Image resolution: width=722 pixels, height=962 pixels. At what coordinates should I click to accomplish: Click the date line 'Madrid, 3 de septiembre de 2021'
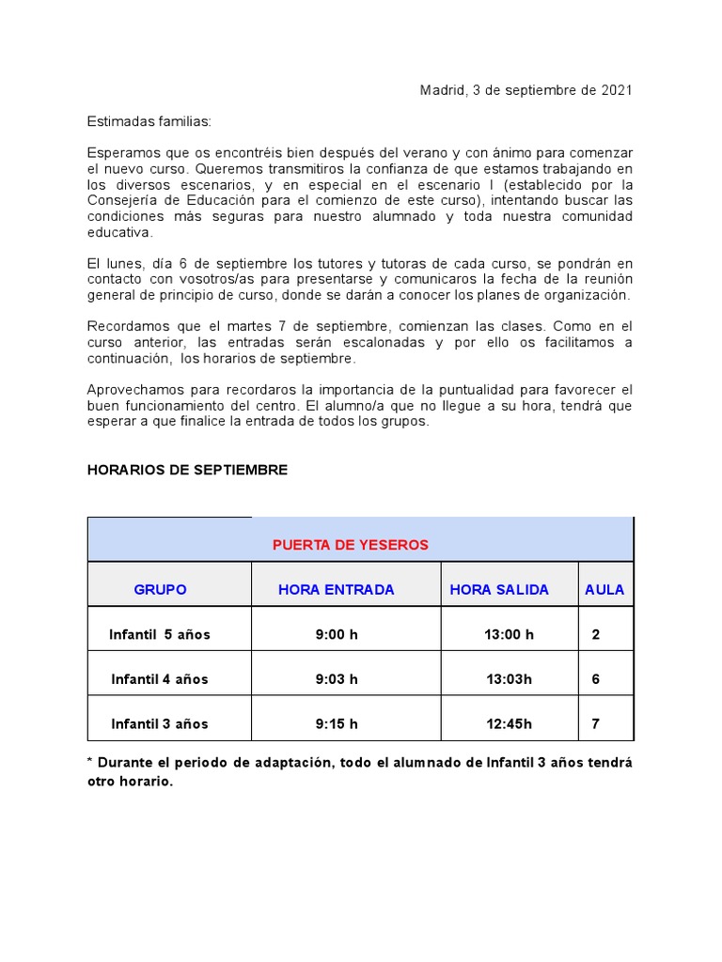[x=526, y=90]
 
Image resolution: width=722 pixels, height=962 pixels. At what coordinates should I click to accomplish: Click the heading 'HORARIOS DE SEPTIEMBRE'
[x=187, y=470]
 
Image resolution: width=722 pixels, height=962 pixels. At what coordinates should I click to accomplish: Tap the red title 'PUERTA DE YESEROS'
[x=350, y=545]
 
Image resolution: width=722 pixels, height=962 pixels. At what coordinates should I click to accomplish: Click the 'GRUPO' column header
[x=160, y=590]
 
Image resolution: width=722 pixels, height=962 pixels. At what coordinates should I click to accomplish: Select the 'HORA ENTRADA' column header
[x=336, y=590]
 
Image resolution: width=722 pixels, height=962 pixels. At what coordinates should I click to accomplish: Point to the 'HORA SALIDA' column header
[x=499, y=590]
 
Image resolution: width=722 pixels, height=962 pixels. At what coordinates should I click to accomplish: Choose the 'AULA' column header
[x=604, y=590]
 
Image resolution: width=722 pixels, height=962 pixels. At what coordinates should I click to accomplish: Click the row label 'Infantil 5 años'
[x=160, y=635]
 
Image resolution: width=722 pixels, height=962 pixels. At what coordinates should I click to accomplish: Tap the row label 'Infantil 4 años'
[x=160, y=679]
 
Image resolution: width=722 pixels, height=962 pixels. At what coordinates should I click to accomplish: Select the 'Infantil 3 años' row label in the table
[x=160, y=724]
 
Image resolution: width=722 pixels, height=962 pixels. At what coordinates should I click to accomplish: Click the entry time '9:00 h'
[x=337, y=635]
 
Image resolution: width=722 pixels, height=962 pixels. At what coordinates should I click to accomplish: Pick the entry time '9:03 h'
[x=337, y=679]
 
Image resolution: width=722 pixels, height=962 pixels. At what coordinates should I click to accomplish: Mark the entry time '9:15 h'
[x=337, y=724]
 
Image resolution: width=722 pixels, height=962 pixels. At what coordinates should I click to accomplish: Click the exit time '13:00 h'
[x=509, y=635]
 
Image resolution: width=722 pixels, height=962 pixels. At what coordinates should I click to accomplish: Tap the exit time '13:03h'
[x=509, y=679]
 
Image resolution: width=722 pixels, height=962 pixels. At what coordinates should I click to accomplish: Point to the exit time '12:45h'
[x=509, y=724]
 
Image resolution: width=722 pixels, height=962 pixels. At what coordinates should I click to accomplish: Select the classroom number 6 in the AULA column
[x=596, y=679]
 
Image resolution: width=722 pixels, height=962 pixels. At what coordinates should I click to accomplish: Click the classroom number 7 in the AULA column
[x=596, y=724]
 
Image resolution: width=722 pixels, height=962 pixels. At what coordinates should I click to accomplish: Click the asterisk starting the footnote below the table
[x=90, y=762]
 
